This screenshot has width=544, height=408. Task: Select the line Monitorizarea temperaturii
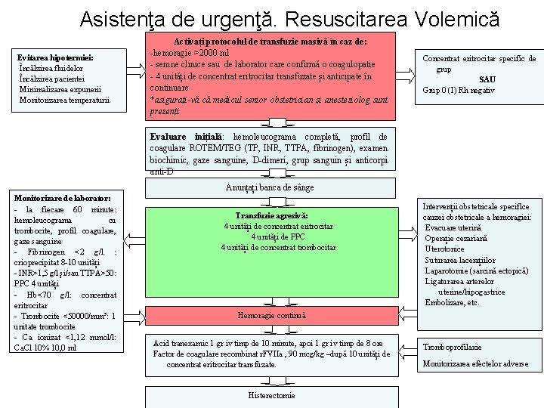click(64, 100)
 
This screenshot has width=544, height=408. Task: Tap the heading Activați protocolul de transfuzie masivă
click(270, 42)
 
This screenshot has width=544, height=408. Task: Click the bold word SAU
click(487, 79)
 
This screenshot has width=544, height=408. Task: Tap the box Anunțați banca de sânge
click(270, 187)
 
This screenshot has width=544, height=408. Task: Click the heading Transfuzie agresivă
click(271, 215)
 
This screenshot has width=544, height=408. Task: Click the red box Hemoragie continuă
click(271, 315)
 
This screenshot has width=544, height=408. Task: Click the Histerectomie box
click(271, 395)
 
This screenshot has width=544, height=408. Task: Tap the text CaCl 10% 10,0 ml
click(45, 348)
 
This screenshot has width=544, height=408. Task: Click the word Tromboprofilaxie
click(453, 347)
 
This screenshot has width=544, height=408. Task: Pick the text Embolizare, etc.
click(453, 302)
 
